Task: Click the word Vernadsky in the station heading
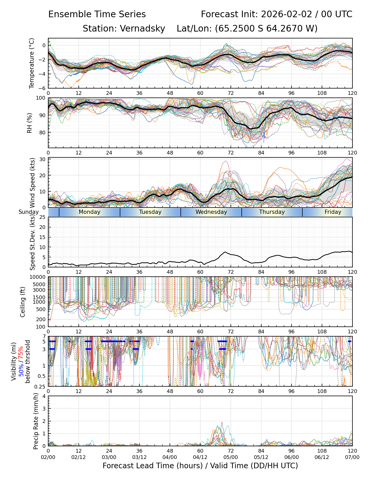tap(142, 29)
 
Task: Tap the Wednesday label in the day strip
tap(211, 212)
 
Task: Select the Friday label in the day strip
tap(333, 212)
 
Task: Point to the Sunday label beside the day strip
tap(29, 212)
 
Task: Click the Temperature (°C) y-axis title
tap(32, 63)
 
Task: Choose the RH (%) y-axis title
tap(29, 123)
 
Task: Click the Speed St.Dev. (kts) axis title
tap(32, 242)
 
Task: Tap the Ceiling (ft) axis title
tap(23, 302)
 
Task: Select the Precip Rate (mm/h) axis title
tap(36, 421)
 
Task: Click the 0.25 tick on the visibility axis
tap(41, 386)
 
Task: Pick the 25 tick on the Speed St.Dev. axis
tap(43, 217)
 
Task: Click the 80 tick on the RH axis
tap(43, 132)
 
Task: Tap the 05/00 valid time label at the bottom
tap(231, 457)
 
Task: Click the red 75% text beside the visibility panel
tap(21, 354)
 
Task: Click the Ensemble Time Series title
tap(97, 14)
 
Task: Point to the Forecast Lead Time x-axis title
tap(200, 466)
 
